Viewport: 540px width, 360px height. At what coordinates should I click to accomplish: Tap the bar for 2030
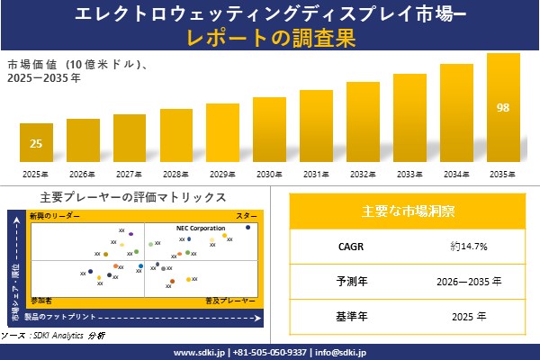point(269,130)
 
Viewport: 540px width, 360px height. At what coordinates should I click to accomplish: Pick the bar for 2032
point(363,122)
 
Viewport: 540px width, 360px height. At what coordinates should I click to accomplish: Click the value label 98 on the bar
point(503,108)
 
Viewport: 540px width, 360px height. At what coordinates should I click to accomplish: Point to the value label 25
point(36,143)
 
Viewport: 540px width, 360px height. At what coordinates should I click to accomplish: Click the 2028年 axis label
point(175,175)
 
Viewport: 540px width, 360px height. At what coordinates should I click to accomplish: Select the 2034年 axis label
point(456,175)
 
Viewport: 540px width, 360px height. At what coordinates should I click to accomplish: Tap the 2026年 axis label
point(83,175)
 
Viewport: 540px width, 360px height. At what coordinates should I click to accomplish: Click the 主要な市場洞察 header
point(408,211)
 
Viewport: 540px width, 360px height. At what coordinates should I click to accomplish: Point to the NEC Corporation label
point(201,229)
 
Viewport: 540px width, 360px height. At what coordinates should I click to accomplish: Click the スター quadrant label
point(247,217)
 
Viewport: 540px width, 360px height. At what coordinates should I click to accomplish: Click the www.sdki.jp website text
point(199,352)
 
